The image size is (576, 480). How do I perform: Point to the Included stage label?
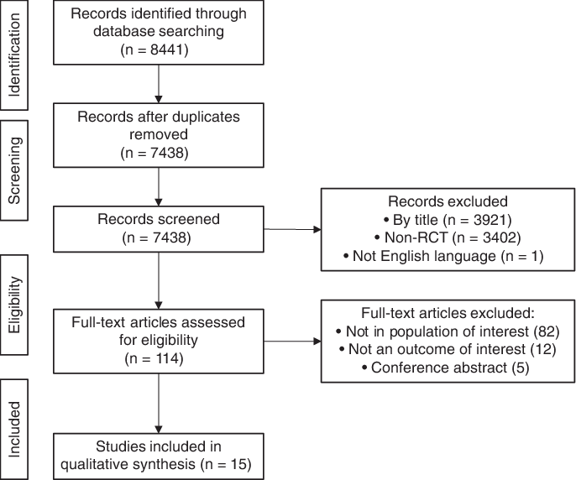point(14,429)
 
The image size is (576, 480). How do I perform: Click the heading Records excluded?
point(448,202)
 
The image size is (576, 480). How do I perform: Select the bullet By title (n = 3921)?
point(448,221)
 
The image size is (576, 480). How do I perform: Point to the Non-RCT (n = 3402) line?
point(448,238)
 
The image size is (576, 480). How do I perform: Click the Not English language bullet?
point(448,256)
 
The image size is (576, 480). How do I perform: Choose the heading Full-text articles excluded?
point(448,313)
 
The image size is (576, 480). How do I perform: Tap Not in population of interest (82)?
point(448,331)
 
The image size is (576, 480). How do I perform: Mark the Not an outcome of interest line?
point(448,349)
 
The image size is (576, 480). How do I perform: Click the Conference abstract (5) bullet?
point(448,368)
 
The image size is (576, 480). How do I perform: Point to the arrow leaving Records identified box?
point(158,82)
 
